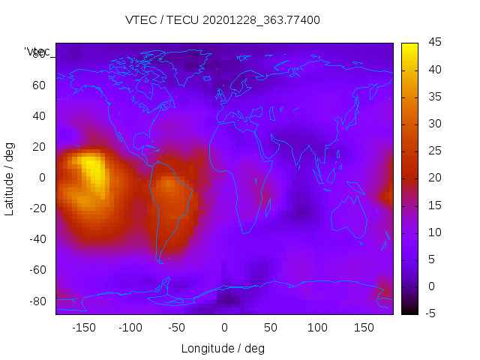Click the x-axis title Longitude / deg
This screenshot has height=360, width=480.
[223, 349]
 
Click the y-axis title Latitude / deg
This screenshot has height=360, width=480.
[10, 178]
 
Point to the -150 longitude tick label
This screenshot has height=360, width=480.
[83, 328]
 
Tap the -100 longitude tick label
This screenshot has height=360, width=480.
[130, 328]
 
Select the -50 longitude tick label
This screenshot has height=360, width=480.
[177, 328]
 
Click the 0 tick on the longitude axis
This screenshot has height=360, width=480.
[224, 328]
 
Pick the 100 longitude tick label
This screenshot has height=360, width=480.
[317, 328]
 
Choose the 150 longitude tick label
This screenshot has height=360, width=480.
[364, 328]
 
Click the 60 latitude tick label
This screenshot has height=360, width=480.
[39, 85]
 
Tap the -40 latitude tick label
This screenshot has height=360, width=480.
[36, 239]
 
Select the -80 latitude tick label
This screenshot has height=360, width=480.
[36, 301]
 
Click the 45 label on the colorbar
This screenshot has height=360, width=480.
[433, 43]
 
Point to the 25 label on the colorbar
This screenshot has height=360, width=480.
[433, 151]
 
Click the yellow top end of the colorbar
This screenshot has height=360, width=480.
[409, 46]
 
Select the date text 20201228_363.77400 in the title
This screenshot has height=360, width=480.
[263, 20]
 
